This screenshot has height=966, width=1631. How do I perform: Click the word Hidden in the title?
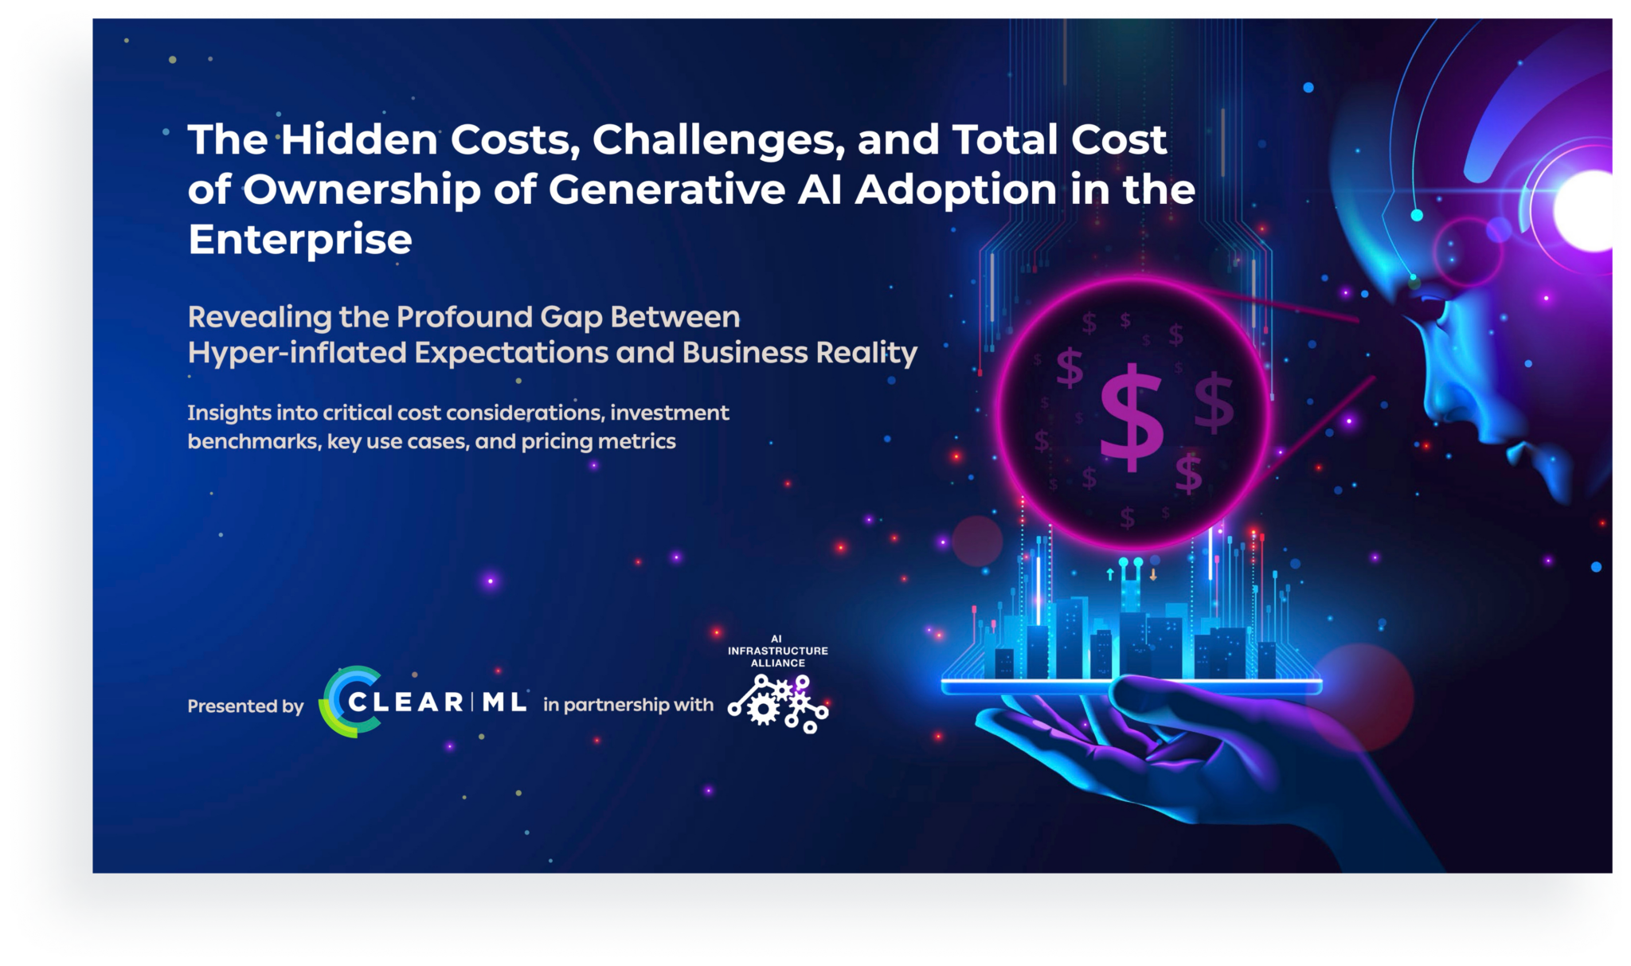tap(359, 139)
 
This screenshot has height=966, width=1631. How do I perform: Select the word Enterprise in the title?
tap(300, 240)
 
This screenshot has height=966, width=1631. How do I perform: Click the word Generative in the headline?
tap(667, 190)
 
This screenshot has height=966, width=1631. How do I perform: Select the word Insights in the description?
tap(229, 413)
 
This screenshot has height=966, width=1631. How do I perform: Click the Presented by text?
tap(245, 706)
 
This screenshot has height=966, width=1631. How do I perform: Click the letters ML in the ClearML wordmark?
tap(504, 702)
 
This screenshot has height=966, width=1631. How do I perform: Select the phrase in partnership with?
tap(628, 705)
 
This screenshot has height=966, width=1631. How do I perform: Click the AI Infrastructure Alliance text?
tap(777, 651)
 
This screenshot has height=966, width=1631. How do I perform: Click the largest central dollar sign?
tap(1131, 417)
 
